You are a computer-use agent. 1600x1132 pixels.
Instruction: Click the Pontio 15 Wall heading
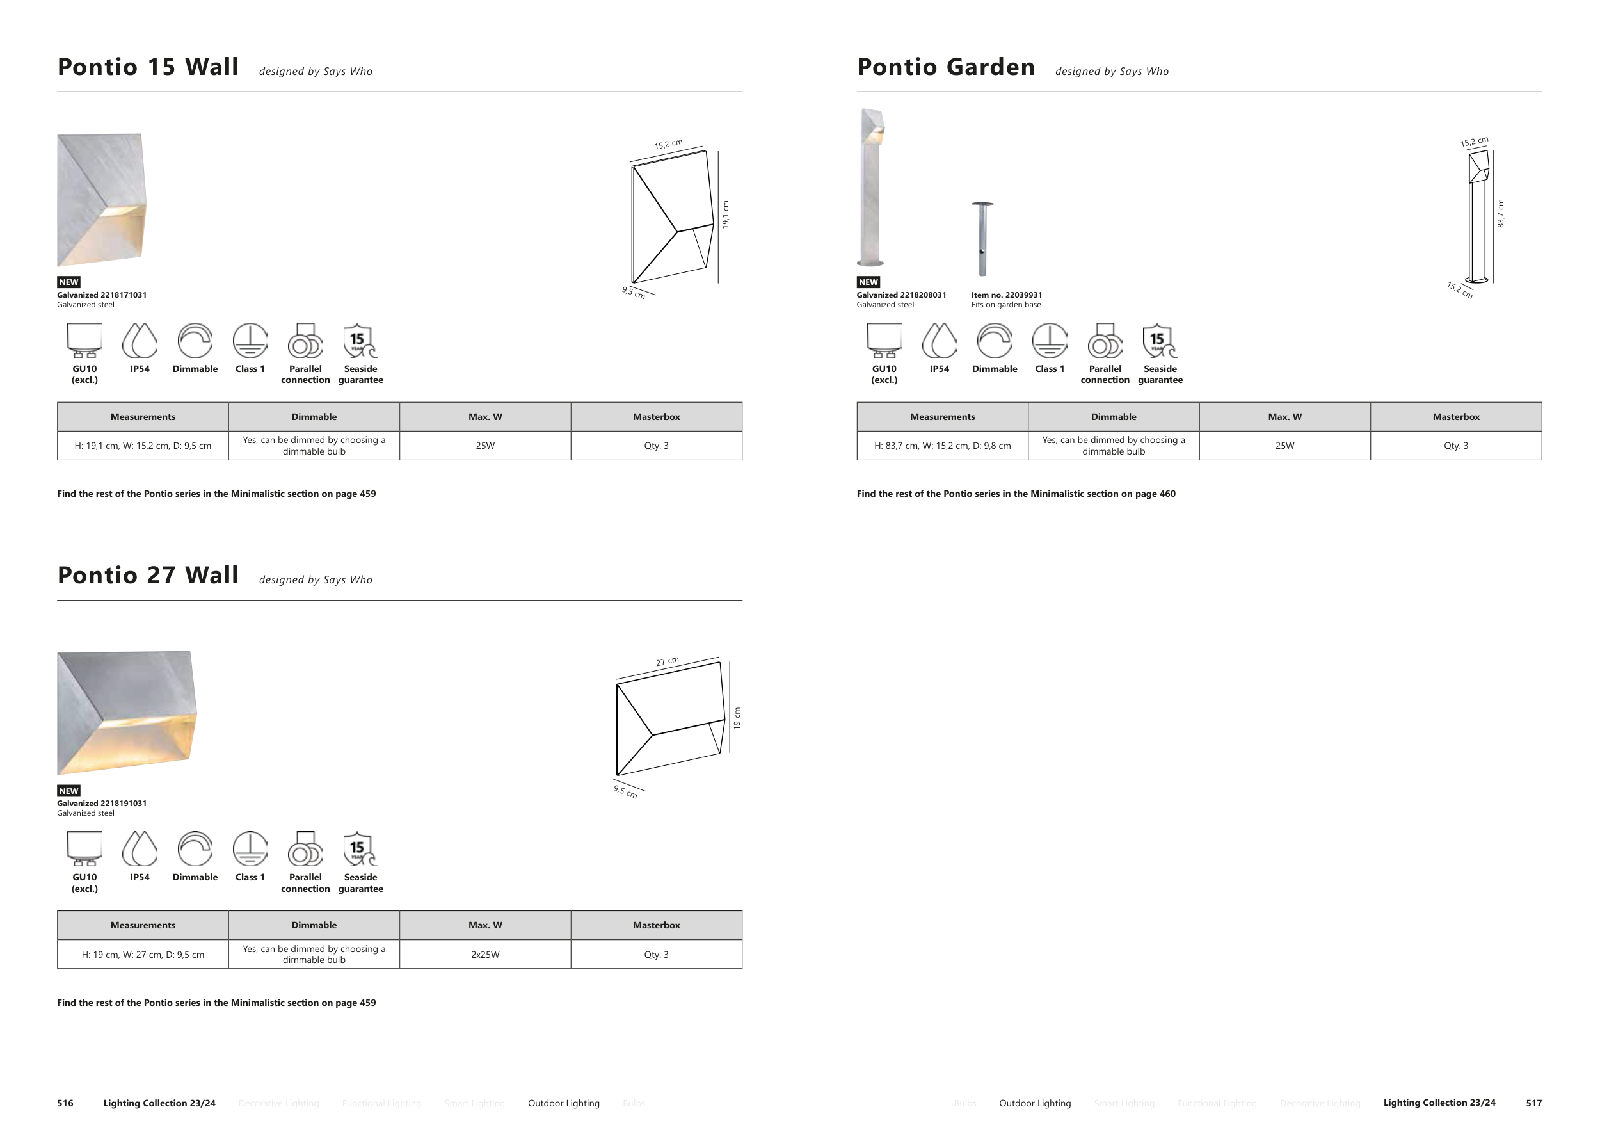[x=148, y=67]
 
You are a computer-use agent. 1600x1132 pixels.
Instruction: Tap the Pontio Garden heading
[x=946, y=67]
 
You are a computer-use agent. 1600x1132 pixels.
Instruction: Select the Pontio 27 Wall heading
[x=148, y=575]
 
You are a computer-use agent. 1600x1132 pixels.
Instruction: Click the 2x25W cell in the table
[x=485, y=954]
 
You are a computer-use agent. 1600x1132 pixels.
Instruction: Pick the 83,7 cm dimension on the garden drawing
[x=1500, y=213]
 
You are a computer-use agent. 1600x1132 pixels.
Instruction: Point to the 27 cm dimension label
[x=667, y=661]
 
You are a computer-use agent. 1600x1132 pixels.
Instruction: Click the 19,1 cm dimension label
[x=725, y=214]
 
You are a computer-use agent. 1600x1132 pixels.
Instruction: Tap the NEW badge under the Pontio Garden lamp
[x=868, y=282]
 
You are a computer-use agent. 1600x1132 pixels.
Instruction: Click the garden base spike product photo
[x=982, y=239]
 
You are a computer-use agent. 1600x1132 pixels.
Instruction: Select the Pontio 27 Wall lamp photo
[x=126, y=712]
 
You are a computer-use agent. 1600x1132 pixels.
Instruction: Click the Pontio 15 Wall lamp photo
[x=102, y=199]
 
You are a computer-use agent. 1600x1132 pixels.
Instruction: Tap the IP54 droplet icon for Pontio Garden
[x=939, y=341]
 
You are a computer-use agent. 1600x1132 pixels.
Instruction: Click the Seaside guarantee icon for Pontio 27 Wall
[x=360, y=849]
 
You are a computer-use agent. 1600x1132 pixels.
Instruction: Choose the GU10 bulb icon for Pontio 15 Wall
[x=84, y=340]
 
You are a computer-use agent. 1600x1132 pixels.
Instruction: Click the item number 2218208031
[x=901, y=295]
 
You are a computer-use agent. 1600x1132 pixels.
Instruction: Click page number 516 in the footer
[x=65, y=1103]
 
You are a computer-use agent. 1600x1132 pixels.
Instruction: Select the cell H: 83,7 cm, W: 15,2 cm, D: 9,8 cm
[x=942, y=446]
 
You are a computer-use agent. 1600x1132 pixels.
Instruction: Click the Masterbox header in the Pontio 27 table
[x=656, y=925]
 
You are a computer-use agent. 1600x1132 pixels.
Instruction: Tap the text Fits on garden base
[x=1005, y=305]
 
